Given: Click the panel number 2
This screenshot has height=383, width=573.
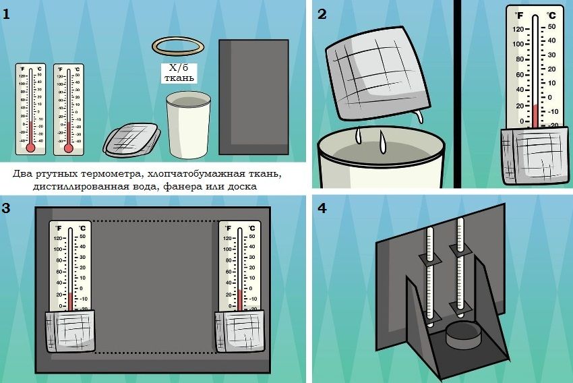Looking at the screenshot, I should [x=322, y=14].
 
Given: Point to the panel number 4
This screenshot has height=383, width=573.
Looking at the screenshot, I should [x=322, y=208].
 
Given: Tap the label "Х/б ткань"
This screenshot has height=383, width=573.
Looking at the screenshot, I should [x=179, y=73].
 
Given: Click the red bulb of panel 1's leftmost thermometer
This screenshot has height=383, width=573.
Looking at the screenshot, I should [x=30, y=148].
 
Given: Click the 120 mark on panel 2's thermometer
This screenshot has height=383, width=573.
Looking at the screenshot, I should [x=518, y=30].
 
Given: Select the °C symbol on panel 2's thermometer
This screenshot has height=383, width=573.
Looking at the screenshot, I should [x=551, y=15].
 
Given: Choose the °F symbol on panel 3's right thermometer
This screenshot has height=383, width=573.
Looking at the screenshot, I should [x=228, y=229].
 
